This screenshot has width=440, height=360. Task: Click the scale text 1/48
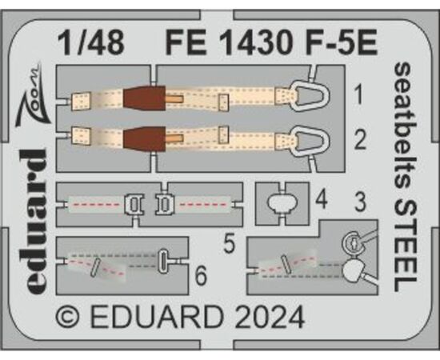pos(91,42)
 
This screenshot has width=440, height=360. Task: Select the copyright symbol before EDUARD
pos(68,318)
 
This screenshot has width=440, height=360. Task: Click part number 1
pos(358,95)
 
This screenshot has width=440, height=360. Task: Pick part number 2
pos(360,140)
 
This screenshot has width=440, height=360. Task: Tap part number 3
pos(360,202)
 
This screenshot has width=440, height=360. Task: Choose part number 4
pos(321,200)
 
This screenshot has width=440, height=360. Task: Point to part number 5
pos(230,244)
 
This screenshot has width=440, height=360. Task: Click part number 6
pos(201,275)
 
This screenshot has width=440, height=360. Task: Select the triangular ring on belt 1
pos(311,96)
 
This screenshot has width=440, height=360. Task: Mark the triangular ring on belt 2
pos(311,141)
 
